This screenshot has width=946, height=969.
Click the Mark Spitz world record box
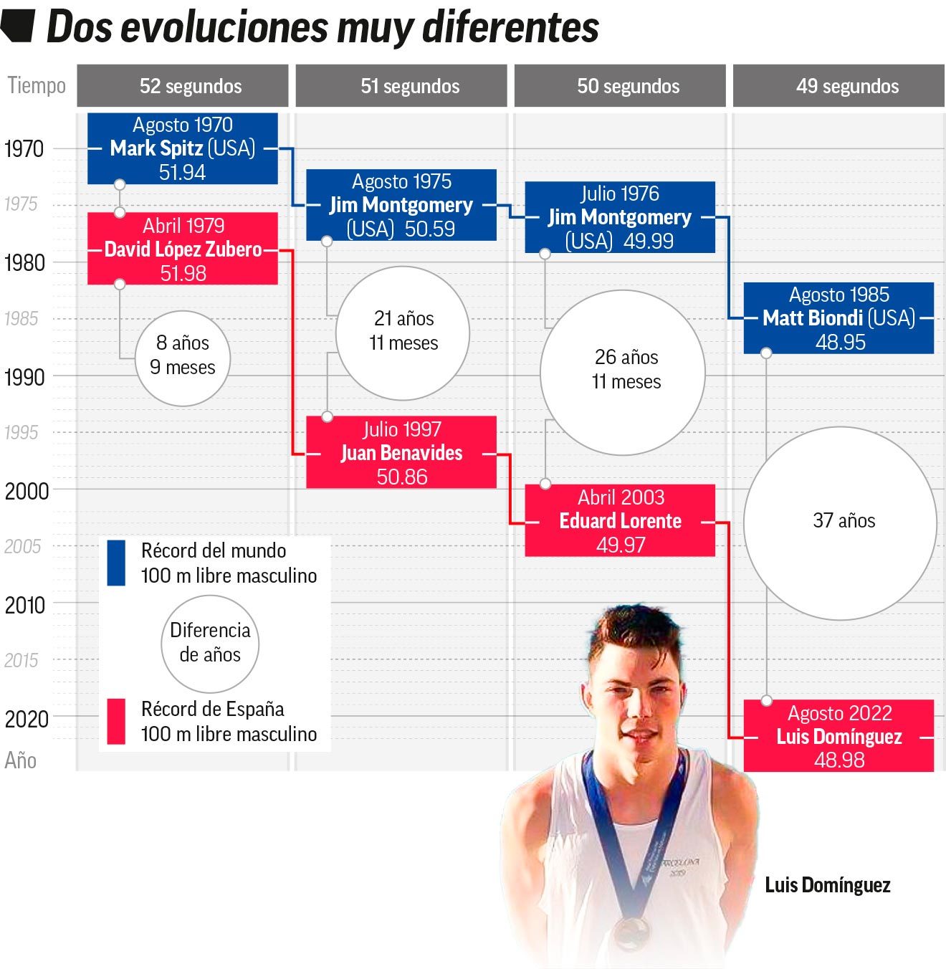pyautogui.click(x=182, y=148)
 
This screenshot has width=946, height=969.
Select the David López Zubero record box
pyautogui.click(x=182, y=249)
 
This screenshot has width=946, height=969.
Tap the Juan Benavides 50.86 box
pyautogui.click(x=401, y=453)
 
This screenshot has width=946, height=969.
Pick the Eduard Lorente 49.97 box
pyautogui.click(x=620, y=520)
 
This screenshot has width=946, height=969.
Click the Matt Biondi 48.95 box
pyautogui.click(x=838, y=318)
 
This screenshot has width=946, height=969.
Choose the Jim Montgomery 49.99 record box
pyautogui.click(x=620, y=216)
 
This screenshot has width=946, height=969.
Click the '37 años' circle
pyautogui.click(x=840, y=523)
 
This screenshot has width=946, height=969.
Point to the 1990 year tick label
pyautogui.click(x=24, y=377)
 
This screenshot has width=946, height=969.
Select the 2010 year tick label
pyautogui.click(x=24, y=605)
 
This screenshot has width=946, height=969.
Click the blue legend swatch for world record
pyautogui.click(x=116, y=563)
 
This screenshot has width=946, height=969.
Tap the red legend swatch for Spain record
pyautogui.click(x=116, y=721)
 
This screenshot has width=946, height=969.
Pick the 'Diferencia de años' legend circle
pyautogui.click(x=209, y=643)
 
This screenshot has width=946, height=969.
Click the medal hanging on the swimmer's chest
pyautogui.click(x=631, y=931)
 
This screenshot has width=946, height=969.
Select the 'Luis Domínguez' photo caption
pyautogui.click(x=827, y=885)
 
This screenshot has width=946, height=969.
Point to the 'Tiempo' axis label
pyautogui.click(x=37, y=86)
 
